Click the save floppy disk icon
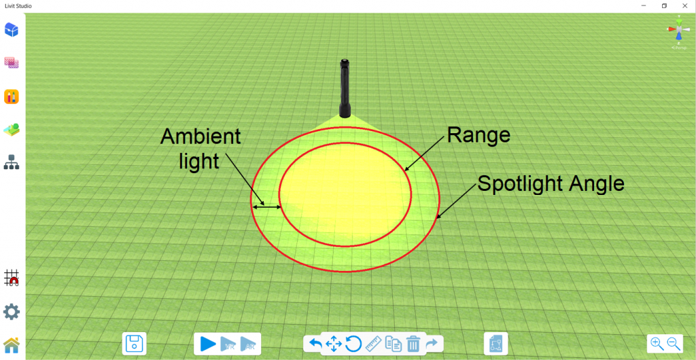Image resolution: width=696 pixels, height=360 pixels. pyautogui.click(x=134, y=344)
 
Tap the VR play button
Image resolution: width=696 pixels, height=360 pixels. pyautogui.click(x=228, y=344)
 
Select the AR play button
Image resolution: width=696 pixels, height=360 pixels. pyautogui.click(x=247, y=344)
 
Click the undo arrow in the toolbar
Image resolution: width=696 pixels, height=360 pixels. pyautogui.click(x=315, y=344)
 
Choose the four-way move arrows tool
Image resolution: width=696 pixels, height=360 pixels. pyautogui.click(x=334, y=344)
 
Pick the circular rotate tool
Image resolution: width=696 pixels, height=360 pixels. pyautogui.click(x=353, y=344)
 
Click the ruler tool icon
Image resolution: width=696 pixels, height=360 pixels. pyautogui.click(x=373, y=344)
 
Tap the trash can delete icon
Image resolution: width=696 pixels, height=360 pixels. pyautogui.click(x=413, y=344)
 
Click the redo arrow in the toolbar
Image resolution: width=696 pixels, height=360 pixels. pyautogui.click(x=432, y=344)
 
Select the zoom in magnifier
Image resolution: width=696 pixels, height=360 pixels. pyautogui.click(x=657, y=343)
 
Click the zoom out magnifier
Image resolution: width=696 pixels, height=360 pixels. pyautogui.click(x=674, y=343)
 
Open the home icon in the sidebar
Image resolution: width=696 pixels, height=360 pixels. pyautogui.click(x=12, y=344)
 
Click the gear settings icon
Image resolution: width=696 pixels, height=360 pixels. pyautogui.click(x=12, y=312)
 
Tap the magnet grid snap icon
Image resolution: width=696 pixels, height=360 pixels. pyautogui.click(x=12, y=278)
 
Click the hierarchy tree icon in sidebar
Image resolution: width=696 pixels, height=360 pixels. pyautogui.click(x=12, y=162)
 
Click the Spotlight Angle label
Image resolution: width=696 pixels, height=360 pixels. pyautogui.click(x=551, y=183)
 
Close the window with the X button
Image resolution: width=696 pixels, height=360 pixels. pyautogui.click(x=684, y=5)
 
